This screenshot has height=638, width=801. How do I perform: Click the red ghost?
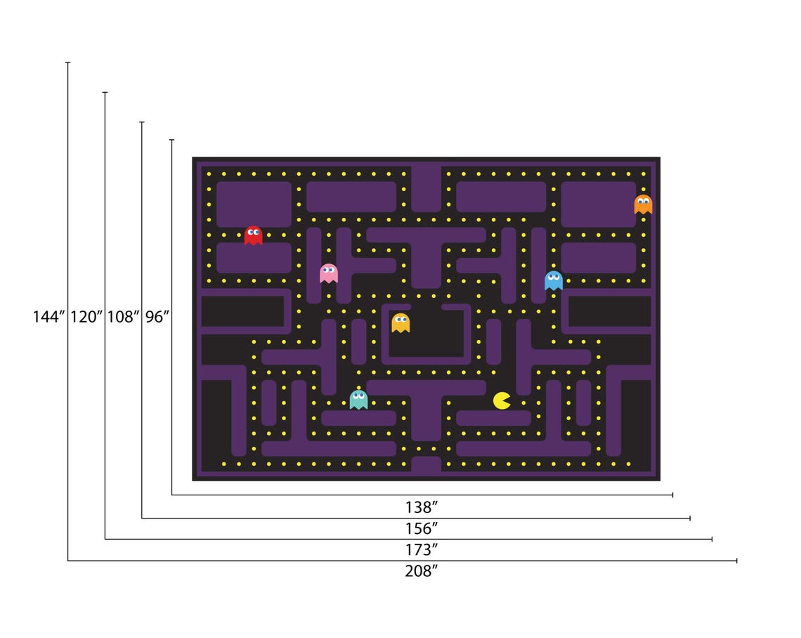(x=253, y=235)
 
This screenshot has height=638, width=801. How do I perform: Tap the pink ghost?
(x=328, y=273)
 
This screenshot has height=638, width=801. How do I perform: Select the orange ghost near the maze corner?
(x=643, y=204)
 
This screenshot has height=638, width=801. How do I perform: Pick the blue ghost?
(x=554, y=280)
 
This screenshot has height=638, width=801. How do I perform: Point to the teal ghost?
(x=358, y=400)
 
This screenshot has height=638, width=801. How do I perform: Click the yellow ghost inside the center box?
(x=400, y=323)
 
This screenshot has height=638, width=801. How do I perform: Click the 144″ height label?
(x=49, y=317)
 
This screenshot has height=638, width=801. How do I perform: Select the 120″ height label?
(x=86, y=317)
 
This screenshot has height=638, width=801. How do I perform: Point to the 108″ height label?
(x=123, y=317)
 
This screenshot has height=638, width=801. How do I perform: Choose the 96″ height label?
(x=157, y=317)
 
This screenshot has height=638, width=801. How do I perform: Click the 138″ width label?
(x=422, y=506)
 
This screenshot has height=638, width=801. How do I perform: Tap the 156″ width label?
(x=422, y=528)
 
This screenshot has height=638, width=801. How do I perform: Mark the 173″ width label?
(x=422, y=549)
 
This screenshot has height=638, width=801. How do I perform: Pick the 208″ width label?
(x=422, y=571)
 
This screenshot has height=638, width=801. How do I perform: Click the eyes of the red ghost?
(x=253, y=231)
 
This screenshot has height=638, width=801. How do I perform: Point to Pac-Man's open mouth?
(x=507, y=401)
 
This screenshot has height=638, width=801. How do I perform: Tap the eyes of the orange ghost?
(x=643, y=200)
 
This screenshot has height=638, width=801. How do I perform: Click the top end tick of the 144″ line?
(x=68, y=63)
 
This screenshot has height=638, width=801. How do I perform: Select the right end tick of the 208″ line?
(x=736, y=561)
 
